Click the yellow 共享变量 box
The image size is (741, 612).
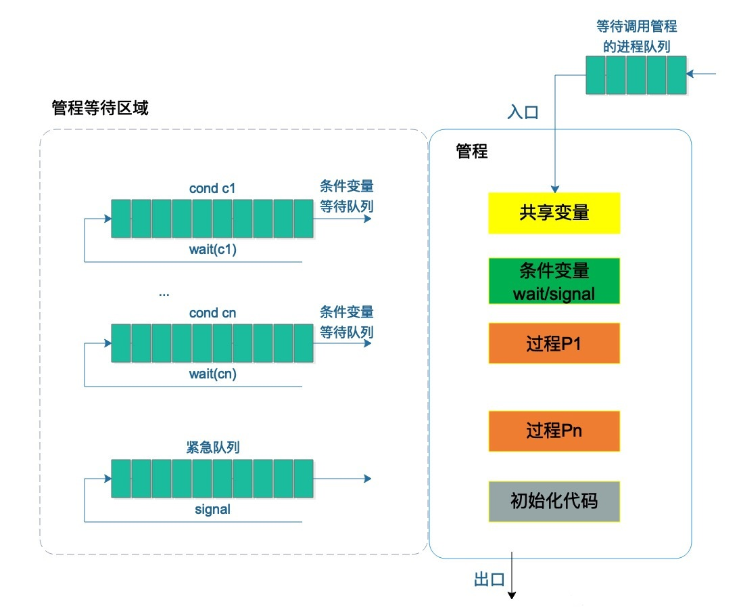point(554,213)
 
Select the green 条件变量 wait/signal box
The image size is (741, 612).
point(554,282)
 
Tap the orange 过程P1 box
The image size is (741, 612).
point(554,344)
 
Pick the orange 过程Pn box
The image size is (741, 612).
point(554,431)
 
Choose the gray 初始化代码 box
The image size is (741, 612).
point(554,501)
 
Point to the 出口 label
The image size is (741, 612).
point(489,580)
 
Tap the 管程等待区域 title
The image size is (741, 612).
point(100,108)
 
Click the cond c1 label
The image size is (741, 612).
point(212,189)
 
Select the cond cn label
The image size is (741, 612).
point(212,313)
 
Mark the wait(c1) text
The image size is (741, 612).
point(212,248)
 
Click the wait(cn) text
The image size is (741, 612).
point(212,374)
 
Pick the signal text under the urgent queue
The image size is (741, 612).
point(212,509)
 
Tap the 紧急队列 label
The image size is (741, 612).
point(212,447)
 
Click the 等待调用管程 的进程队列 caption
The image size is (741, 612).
point(636,37)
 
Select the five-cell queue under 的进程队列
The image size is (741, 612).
point(636,74)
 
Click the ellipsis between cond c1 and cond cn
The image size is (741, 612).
point(164,294)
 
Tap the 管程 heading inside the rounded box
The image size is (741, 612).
point(472,152)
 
